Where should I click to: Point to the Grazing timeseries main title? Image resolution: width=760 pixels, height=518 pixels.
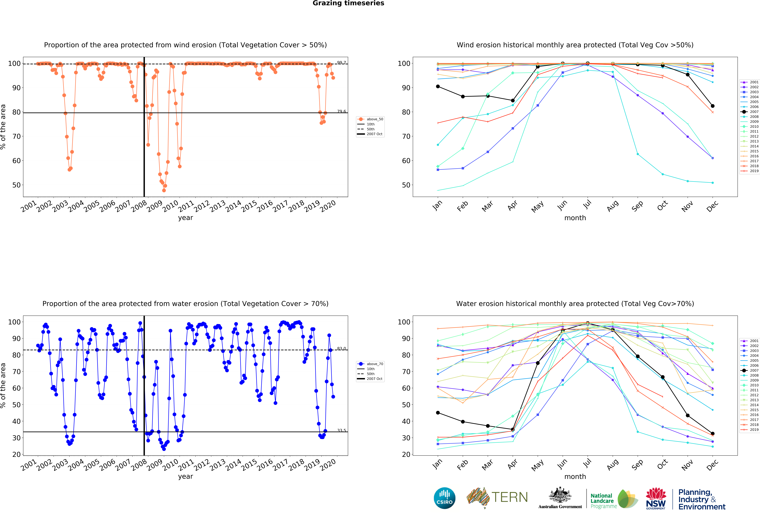pyautogui.click(x=348, y=3)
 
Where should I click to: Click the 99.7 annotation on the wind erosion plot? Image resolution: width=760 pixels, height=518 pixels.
pyautogui.click(x=341, y=62)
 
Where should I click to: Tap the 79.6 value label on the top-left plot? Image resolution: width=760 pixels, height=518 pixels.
pyautogui.click(x=341, y=111)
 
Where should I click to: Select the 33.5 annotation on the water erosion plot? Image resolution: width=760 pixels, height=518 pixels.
pyautogui.click(x=341, y=430)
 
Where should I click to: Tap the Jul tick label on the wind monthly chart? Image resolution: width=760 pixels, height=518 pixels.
pyautogui.click(x=587, y=204)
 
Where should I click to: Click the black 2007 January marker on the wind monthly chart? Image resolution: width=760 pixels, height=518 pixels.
pyautogui.click(x=438, y=86)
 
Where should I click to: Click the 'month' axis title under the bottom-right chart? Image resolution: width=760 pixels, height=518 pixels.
pyautogui.click(x=575, y=476)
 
